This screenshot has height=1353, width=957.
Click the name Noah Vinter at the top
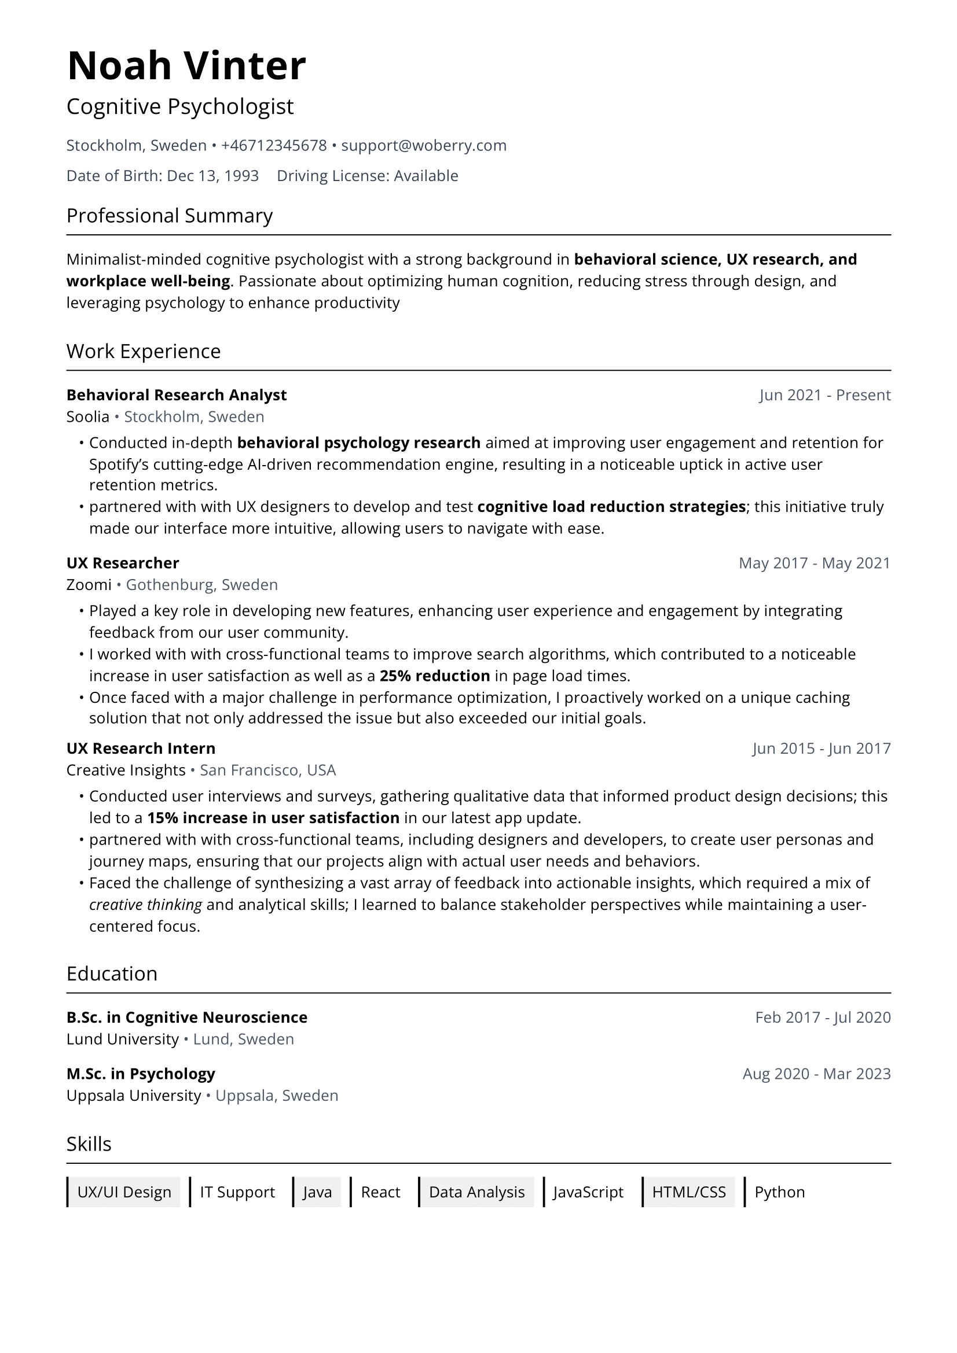pyautogui.click(x=186, y=65)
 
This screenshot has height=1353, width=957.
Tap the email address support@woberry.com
pyautogui.click(x=423, y=146)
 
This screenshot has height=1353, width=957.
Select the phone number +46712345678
pyautogui.click(x=274, y=146)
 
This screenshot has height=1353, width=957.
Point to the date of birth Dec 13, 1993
pyautogui.click(x=213, y=176)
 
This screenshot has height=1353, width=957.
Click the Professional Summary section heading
pyautogui.click(x=169, y=216)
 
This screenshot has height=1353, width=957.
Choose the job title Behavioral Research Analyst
pyautogui.click(x=177, y=395)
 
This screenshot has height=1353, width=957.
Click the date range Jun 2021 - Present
pyautogui.click(x=824, y=395)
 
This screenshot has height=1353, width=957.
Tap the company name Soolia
pyautogui.click(x=88, y=416)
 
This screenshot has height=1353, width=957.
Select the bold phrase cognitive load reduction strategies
pyautogui.click(x=611, y=507)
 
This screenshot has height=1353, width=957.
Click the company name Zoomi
pyautogui.click(x=89, y=585)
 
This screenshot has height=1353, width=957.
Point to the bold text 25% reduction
pyautogui.click(x=435, y=675)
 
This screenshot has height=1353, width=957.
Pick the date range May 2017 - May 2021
pyautogui.click(x=815, y=563)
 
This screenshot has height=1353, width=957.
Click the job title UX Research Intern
pyautogui.click(x=141, y=749)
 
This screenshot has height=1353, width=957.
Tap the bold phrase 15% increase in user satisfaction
pyautogui.click(x=273, y=818)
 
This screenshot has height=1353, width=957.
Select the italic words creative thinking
pyautogui.click(x=146, y=905)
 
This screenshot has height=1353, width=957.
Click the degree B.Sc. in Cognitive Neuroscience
pyautogui.click(x=187, y=1017)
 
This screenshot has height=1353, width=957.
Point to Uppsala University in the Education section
pyautogui.click(x=134, y=1096)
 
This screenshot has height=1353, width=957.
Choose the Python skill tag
pyautogui.click(x=779, y=1192)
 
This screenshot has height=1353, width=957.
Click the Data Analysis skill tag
pyautogui.click(x=476, y=1192)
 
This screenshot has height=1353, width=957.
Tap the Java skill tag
pyautogui.click(x=317, y=1192)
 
